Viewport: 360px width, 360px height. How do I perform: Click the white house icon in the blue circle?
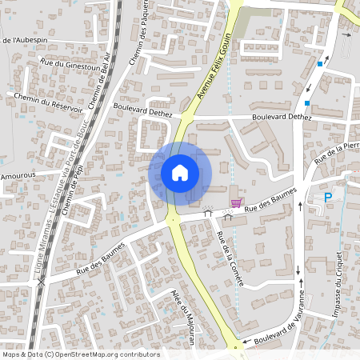pyautogui.click(x=180, y=172)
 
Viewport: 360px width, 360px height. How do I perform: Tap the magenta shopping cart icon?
pyautogui.click(x=236, y=202)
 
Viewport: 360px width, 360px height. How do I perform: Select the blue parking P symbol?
pyautogui.click(x=327, y=198)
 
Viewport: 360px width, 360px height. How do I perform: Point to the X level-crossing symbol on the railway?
pyautogui.click(x=41, y=282)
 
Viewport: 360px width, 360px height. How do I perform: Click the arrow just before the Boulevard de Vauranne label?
pyautogui.click(x=246, y=346)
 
